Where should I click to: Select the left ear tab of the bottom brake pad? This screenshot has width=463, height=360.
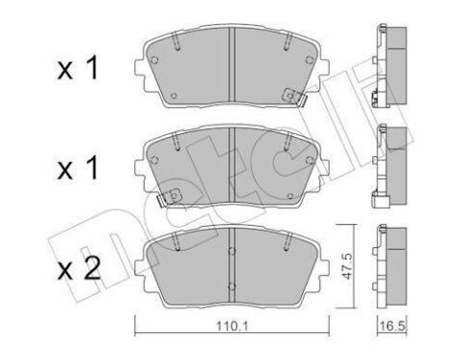pyautogui.click(x=144, y=261)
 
